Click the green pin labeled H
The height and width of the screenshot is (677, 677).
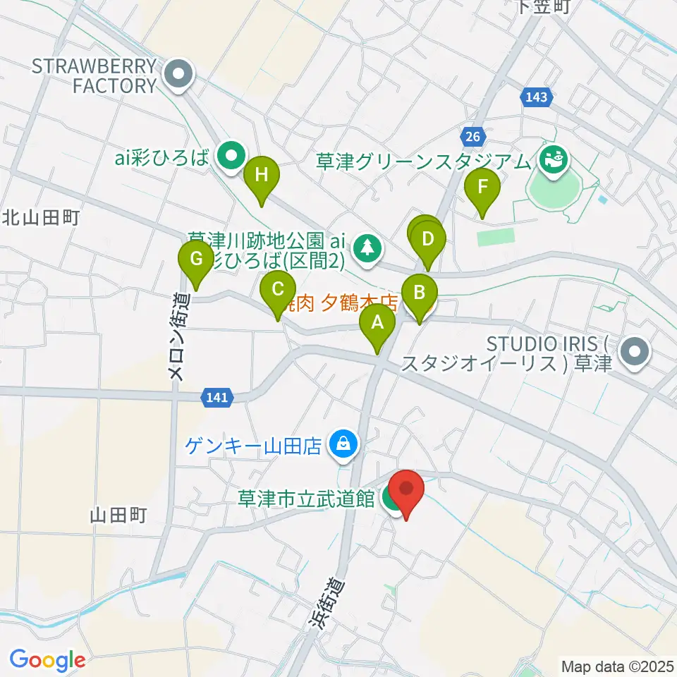pyautogui.click(x=261, y=176)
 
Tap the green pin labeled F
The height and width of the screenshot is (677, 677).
pyautogui.click(x=483, y=188)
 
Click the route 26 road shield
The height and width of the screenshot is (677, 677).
pyautogui.click(x=473, y=134)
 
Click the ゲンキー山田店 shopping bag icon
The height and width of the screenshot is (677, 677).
pyautogui.click(x=343, y=444)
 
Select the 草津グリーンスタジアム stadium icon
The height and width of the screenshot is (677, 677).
pyautogui.click(x=552, y=159)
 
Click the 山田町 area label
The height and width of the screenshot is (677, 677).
pyautogui.click(x=118, y=516)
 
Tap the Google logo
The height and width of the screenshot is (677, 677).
pyautogui.click(x=48, y=660)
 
